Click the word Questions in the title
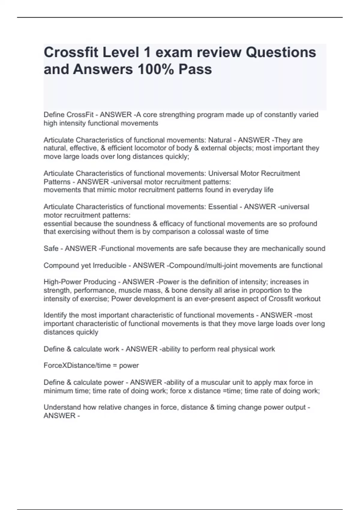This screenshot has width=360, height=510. coord(281,52)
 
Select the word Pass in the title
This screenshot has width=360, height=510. coord(195,69)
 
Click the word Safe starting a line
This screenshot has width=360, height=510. coord(51,249)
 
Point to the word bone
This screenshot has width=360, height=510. coord(179,290)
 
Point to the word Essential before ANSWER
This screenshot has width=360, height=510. coord(223,207)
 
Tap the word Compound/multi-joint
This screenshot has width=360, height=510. coord(203,265)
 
